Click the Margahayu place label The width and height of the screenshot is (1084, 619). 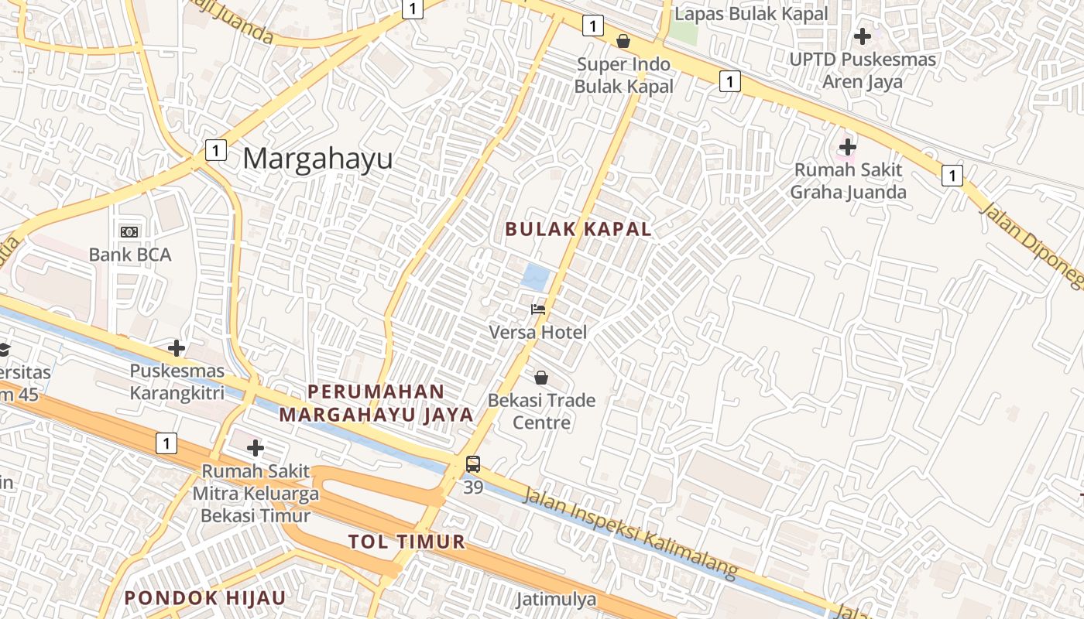(x=317, y=159)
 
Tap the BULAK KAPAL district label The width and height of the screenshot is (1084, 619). (x=578, y=229)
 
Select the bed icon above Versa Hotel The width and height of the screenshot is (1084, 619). (x=538, y=309)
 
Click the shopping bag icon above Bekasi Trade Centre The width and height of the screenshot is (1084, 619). (x=541, y=378)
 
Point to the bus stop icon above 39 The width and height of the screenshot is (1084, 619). (x=472, y=464)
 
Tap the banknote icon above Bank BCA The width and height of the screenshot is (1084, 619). (x=129, y=231)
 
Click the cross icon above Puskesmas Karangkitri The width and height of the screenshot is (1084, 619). (x=177, y=348)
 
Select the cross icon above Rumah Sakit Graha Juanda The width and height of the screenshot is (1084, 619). (x=848, y=146)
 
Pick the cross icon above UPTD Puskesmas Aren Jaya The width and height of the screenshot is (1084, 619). (x=862, y=36)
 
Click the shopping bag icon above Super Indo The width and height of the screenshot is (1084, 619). (x=623, y=41)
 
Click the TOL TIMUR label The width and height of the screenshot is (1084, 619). (x=406, y=542)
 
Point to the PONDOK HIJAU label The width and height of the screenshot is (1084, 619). (x=205, y=597)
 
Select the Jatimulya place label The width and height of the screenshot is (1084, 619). (x=556, y=600)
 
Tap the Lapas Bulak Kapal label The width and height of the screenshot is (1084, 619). (x=751, y=14)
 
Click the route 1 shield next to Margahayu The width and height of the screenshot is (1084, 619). (x=215, y=150)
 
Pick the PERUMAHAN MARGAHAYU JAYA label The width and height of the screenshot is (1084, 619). (x=376, y=403)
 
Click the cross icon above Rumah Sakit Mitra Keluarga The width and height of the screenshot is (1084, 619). (x=255, y=448)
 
